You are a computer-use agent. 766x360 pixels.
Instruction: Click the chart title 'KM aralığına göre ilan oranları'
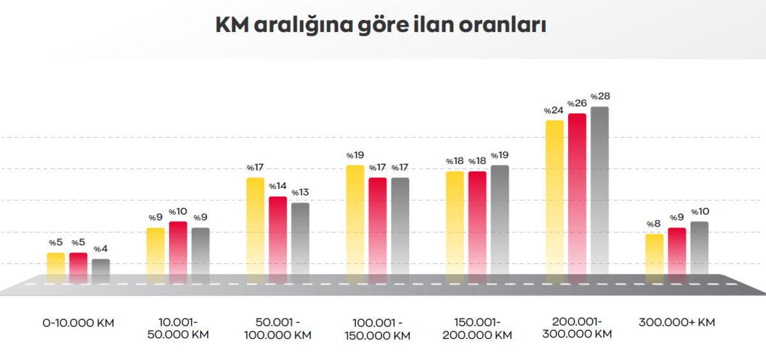pos(380,26)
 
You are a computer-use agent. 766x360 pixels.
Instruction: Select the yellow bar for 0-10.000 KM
pos(56,268)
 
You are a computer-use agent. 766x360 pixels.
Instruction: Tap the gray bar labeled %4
pos(101,271)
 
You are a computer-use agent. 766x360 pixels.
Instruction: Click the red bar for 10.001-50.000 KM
pos(178,252)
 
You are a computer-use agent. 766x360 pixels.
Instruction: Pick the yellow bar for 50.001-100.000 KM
pos(255,230)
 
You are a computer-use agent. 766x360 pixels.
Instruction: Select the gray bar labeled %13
pos(300,243)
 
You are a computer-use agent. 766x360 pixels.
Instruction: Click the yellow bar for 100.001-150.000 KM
pos(355,223)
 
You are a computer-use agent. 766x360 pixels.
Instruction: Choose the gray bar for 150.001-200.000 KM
pos(500,223)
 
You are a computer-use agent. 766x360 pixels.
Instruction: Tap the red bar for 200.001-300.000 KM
pos(577,198)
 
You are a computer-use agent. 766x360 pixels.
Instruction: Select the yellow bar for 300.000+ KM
pos(654,259)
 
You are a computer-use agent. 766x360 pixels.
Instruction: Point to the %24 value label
pos(553,110)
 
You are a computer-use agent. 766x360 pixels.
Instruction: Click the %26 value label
pos(577,103)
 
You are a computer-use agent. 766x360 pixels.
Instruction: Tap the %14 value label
pos(277,186)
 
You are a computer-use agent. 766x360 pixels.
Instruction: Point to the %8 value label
pos(654,224)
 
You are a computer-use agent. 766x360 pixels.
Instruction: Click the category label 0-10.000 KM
pos(79,323)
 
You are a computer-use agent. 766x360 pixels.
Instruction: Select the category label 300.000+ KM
pos(677,322)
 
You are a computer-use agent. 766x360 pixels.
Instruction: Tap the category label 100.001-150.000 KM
pos(377,329)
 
